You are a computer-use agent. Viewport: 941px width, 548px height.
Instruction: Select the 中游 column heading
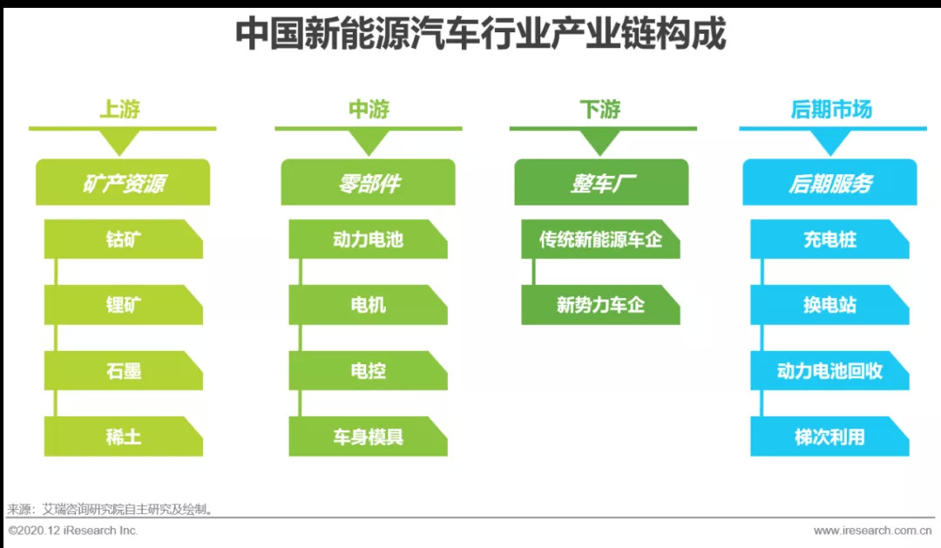point(369,110)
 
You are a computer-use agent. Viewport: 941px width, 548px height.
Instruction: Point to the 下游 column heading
point(600,110)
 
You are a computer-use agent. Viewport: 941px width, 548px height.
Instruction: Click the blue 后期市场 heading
point(830,110)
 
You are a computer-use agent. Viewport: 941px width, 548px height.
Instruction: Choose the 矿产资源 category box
point(122,183)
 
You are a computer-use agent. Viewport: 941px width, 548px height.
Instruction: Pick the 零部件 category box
point(368,183)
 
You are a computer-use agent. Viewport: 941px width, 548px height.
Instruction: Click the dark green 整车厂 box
point(600,183)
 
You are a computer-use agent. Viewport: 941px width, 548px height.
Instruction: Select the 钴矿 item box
point(124,240)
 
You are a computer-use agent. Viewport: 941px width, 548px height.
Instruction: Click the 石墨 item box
point(124,371)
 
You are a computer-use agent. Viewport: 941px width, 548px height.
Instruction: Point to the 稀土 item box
point(124,436)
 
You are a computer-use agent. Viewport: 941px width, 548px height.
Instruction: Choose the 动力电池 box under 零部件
point(368,240)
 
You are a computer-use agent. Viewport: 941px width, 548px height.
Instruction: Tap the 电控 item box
point(368,371)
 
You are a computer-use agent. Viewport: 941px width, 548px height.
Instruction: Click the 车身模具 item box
point(368,436)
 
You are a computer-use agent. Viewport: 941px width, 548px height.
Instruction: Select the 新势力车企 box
point(600,305)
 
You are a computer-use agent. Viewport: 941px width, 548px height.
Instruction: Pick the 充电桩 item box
point(829,240)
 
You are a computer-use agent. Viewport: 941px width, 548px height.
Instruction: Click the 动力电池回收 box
point(829,371)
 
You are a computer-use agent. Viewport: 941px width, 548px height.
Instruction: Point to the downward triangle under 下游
point(601,142)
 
